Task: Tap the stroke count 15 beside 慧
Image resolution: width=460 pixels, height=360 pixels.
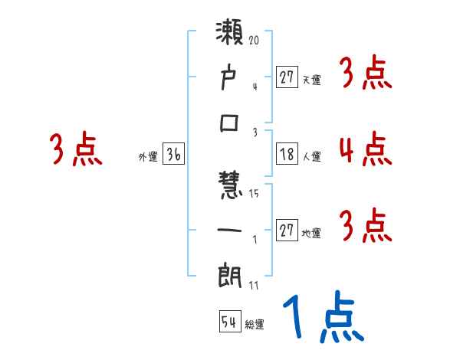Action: (x=254, y=194)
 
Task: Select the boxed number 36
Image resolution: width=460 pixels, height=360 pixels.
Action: (x=174, y=155)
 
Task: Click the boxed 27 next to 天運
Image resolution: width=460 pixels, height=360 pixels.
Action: (x=287, y=77)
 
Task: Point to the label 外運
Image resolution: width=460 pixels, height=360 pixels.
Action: (x=148, y=157)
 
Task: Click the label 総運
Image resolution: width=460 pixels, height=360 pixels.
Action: (x=255, y=324)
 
